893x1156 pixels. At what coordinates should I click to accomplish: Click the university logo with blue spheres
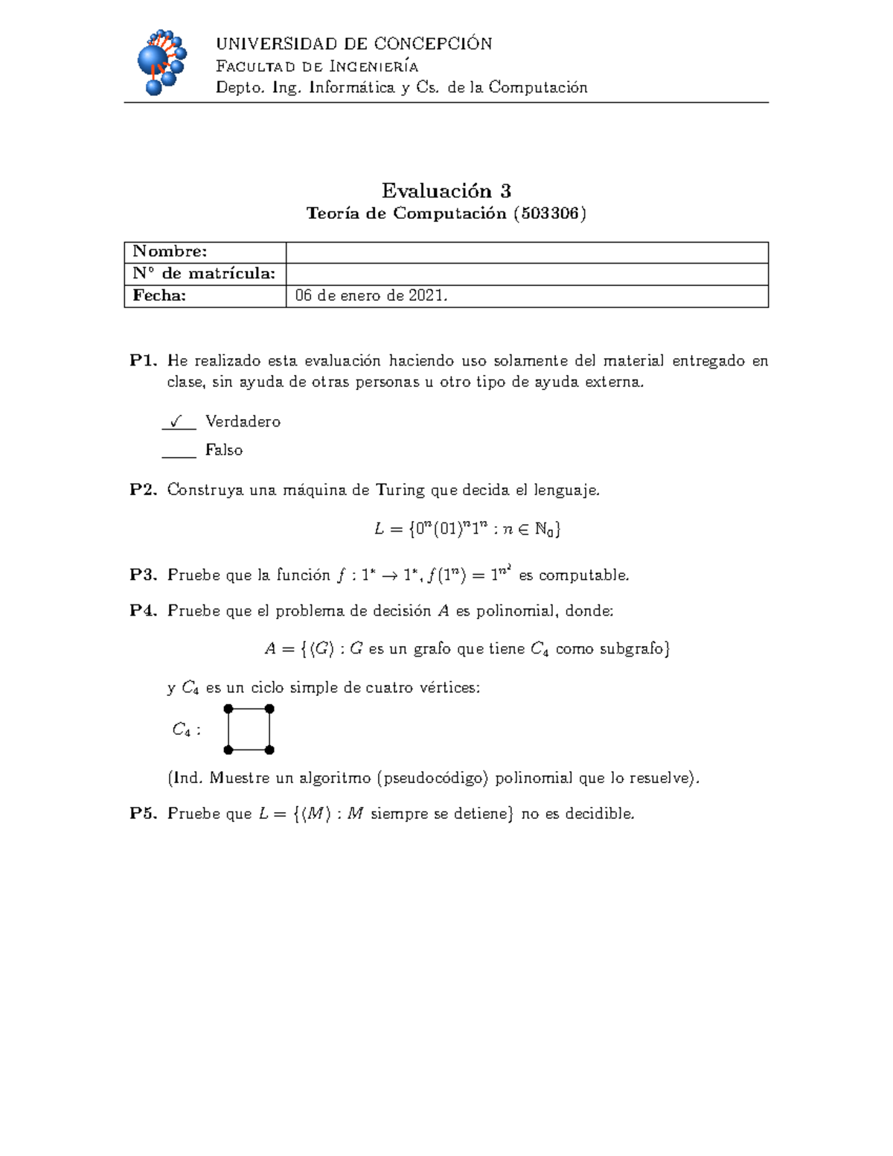pyautogui.click(x=161, y=63)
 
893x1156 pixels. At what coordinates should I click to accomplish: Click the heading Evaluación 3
pyautogui.click(x=446, y=191)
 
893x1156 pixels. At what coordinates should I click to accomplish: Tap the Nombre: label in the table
pyautogui.click(x=170, y=252)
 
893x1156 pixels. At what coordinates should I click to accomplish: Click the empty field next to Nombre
pyautogui.click(x=526, y=252)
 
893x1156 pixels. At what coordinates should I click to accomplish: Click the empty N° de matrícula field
pyautogui.click(x=526, y=274)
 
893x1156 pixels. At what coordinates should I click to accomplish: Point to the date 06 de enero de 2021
pyautogui.click(x=371, y=296)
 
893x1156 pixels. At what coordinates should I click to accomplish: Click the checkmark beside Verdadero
pyautogui.click(x=176, y=421)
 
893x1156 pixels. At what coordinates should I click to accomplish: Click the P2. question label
pyautogui.click(x=143, y=490)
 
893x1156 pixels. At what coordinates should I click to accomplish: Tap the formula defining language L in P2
pyautogui.click(x=467, y=529)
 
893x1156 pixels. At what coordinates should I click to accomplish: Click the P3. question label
pyautogui.click(x=143, y=575)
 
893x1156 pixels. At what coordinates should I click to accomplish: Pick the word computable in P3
pyautogui.click(x=583, y=575)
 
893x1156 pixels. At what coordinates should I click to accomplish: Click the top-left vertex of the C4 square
pyautogui.click(x=228, y=709)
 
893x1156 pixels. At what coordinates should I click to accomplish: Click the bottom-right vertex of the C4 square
pyautogui.click(x=269, y=750)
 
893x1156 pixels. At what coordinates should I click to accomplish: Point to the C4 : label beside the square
pyautogui.click(x=186, y=729)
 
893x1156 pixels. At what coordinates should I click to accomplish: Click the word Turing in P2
pyautogui.click(x=400, y=490)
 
